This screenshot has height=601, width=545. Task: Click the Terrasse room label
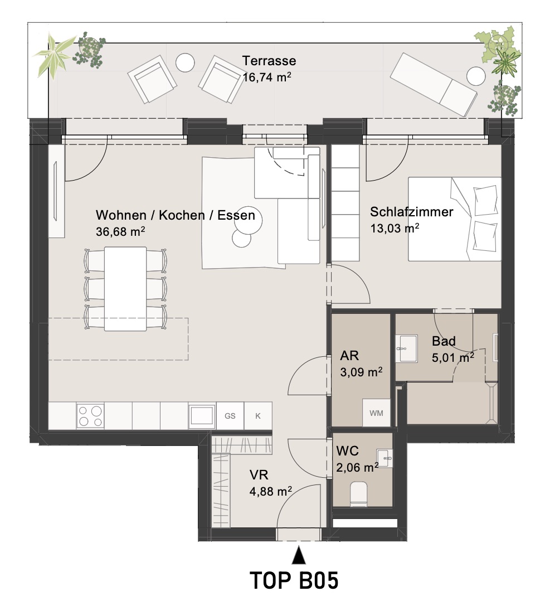pos(269,61)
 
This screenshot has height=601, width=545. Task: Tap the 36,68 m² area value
pos(120,231)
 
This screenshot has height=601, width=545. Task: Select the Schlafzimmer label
pos(412,212)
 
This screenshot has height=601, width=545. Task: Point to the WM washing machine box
pos(376,413)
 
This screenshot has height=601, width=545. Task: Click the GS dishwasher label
pos(230,416)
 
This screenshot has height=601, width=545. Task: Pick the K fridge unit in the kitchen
pos(258,415)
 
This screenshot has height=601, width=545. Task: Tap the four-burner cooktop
pos(90,416)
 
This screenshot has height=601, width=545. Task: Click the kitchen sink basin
pos(202,416)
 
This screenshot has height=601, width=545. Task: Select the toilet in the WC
pos(359,494)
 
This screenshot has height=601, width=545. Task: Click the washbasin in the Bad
pos(407,348)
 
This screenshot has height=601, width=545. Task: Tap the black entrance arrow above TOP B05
pos(299,556)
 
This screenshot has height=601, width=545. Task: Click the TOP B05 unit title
pos(294,580)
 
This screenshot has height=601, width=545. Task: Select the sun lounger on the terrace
pos(434,84)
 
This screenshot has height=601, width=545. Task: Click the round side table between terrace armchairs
pos(185,62)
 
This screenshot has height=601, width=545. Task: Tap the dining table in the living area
pos(125,289)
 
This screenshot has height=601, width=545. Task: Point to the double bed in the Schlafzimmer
pos(455,219)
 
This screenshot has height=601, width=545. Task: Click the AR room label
pos(349,356)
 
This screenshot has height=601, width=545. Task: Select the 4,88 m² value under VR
pos(271,491)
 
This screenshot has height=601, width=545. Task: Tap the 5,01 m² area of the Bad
pos(453,357)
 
